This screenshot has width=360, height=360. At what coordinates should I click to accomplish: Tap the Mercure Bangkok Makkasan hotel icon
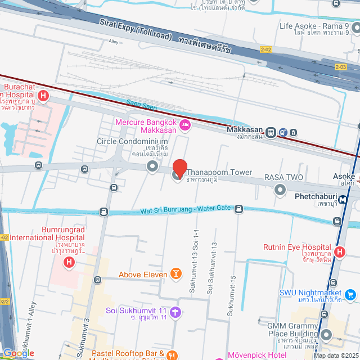click(x=184, y=125)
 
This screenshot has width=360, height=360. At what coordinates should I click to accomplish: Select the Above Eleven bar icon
click(x=176, y=274)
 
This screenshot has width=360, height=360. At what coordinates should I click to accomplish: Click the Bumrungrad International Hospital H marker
click(x=69, y=262)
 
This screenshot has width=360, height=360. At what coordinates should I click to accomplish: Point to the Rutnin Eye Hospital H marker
click(x=339, y=253)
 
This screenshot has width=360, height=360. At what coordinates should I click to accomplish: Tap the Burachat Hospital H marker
click(x=43, y=96)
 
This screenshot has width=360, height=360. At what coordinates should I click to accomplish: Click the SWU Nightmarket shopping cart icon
click(x=350, y=294)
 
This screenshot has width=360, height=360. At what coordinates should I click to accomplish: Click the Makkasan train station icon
click(x=271, y=133)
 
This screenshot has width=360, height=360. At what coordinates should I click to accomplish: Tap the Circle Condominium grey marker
click(x=152, y=166)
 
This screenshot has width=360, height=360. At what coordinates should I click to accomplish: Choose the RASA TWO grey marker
click(x=280, y=190)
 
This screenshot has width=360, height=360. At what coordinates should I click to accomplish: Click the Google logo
click(x=18, y=353)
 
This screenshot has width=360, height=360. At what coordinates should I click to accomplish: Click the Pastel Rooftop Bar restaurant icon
click(x=172, y=355)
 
